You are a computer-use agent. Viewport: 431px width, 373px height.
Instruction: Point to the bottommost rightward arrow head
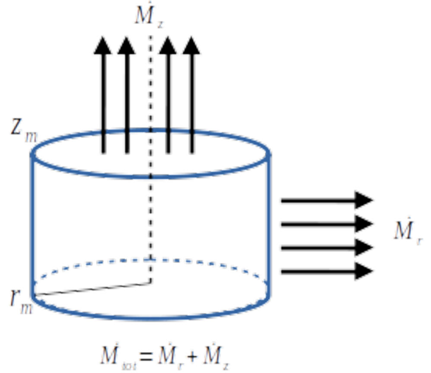pyautogui.click(x=365, y=271)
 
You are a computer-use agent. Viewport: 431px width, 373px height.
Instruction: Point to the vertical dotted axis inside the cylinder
pyautogui.click(x=150, y=216)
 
